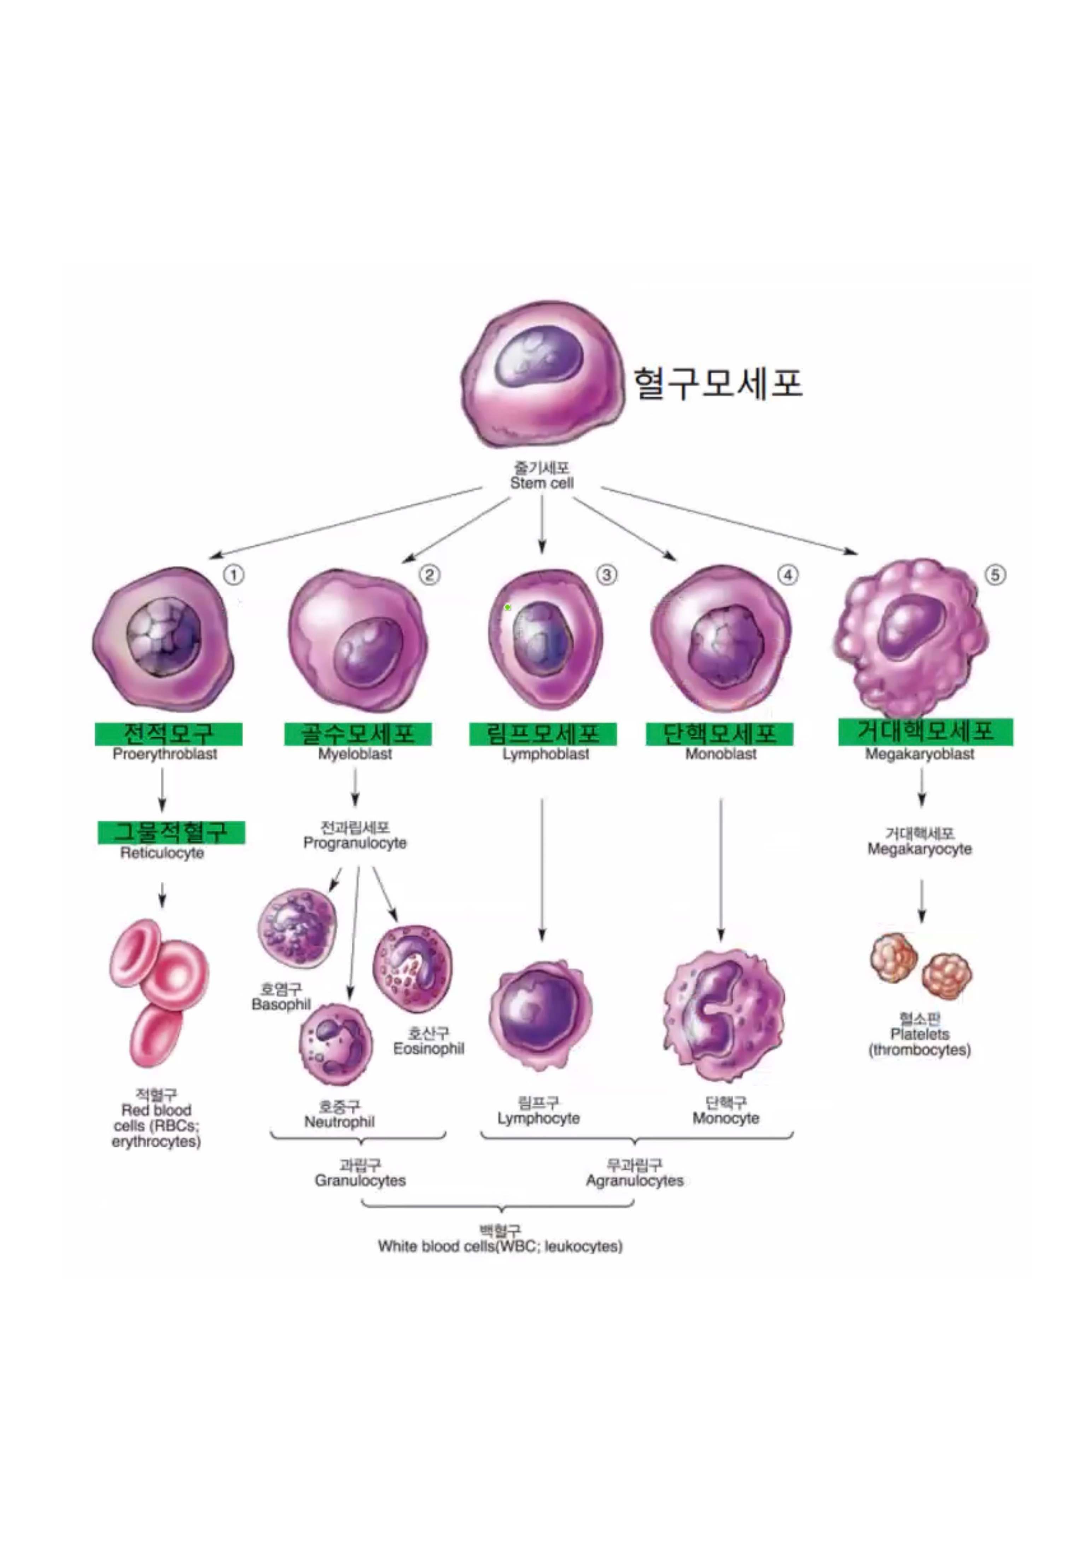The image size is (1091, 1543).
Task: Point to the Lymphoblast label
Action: point(545,754)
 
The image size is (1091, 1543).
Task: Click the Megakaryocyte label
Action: point(920,849)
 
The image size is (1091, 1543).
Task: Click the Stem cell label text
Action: point(542,483)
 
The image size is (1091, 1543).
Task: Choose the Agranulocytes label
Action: point(634,1181)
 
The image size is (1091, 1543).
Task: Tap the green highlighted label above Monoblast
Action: point(719,733)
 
